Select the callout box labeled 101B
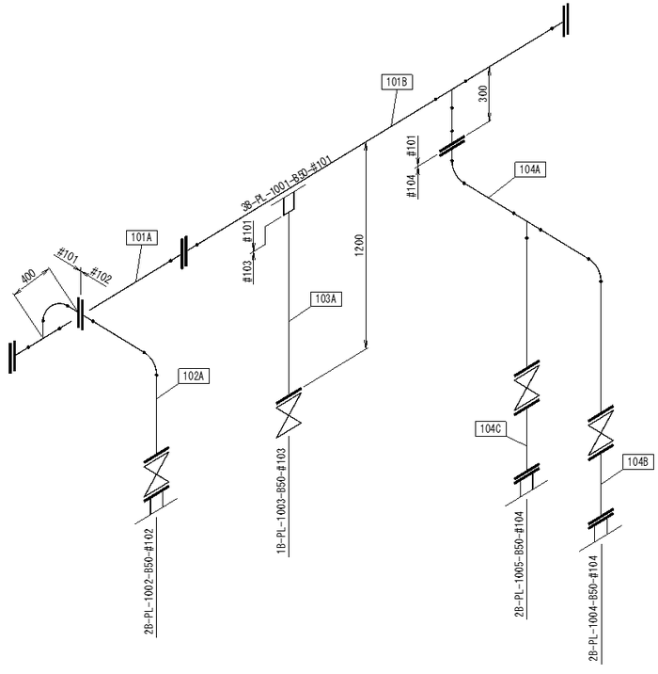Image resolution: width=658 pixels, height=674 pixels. (x=397, y=82)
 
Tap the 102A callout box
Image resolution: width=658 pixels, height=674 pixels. (x=195, y=376)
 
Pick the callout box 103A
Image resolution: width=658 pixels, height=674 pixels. (x=325, y=299)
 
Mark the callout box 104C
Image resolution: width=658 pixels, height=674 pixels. (x=492, y=429)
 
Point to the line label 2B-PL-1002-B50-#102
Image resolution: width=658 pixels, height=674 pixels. (x=149, y=582)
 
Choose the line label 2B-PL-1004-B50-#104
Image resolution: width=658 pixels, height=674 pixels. (x=592, y=609)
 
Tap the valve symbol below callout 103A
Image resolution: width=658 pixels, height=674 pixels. (x=288, y=415)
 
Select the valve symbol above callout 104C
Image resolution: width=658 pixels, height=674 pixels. (x=526, y=382)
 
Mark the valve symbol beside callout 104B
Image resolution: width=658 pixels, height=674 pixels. (x=600, y=432)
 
